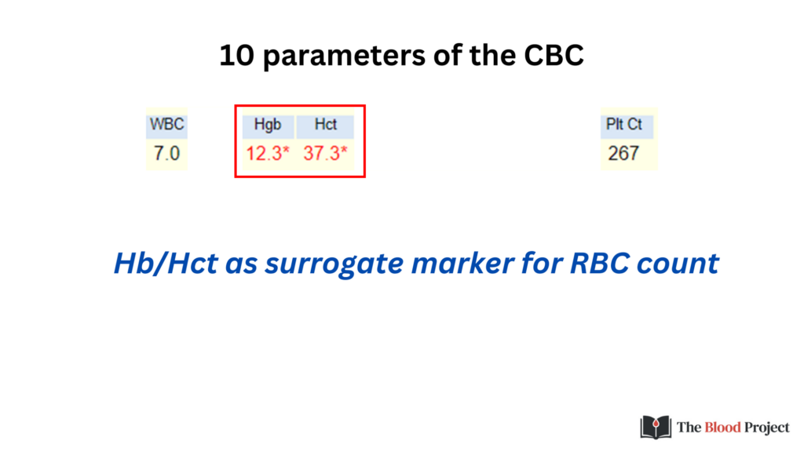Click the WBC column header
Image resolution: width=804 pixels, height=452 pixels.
pyautogui.click(x=166, y=125)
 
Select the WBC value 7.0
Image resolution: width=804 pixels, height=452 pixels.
pyautogui.click(x=166, y=153)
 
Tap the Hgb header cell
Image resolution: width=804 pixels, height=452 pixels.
pyautogui.click(x=268, y=125)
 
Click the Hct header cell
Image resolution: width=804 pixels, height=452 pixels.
pyautogui.click(x=326, y=125)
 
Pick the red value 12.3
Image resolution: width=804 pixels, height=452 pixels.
pyautogui.click(x=264, y=153)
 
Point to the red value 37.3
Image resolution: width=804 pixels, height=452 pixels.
pyautogui.click(x=321, y=153)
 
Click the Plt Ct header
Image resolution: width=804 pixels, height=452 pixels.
pyautogui.click(x=624, y=125)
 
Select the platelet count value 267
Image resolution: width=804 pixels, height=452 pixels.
pyautogui.click(x=623, y=153)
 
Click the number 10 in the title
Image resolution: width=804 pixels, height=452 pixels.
pyautogui.click(x=237, y=56)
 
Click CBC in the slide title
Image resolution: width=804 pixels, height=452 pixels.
pyautogui.click(x=554, y=56)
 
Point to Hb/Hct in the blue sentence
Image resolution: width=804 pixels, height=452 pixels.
pyautogui.click(x=166, y=263)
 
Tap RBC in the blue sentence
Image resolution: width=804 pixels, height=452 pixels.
pyautogui.click(x=599, y=263)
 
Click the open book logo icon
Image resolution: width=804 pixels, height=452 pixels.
pyautogui.click(x=656, y=427)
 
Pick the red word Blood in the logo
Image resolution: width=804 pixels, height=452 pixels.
pyautogui.click(x=723, y=428)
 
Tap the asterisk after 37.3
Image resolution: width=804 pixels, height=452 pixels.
pyautogui.click(x=344, y=150)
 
